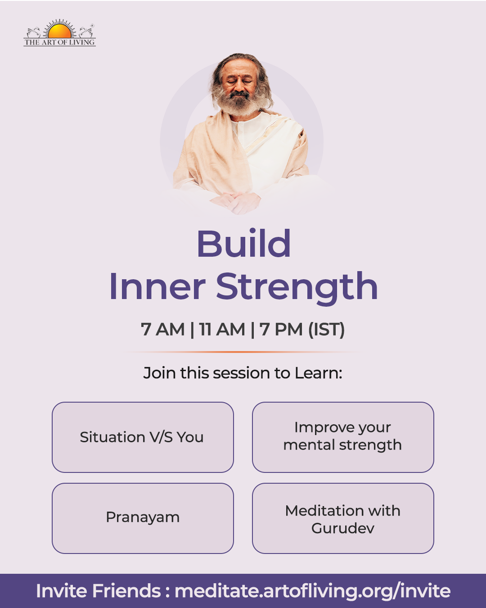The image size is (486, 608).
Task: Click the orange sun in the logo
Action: pos(59,31)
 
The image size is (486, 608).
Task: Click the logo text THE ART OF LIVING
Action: pos(59,42)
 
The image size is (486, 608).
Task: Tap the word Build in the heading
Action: pos(244,243)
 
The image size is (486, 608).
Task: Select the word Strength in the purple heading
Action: pos(297,288)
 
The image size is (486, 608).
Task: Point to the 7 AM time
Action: pos(162,329)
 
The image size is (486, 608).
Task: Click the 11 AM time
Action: pos(222,329)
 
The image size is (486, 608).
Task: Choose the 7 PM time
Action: pos(281,329)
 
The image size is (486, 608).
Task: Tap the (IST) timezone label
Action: pos(326,330)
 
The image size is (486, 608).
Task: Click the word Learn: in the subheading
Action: pos(319,373)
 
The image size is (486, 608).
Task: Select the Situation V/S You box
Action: pos(143,437)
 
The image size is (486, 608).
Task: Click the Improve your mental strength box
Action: pos(343,437)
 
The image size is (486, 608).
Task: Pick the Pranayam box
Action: pos(143,518)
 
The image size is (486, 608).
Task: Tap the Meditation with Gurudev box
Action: pos(343,518)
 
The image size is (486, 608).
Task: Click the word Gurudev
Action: pos(343,528)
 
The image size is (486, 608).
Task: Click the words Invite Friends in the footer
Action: pos(99,590)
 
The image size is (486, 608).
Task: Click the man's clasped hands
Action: pos(236,202)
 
